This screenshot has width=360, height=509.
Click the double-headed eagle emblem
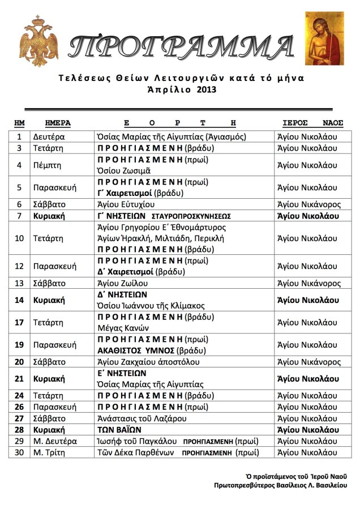coord(38,40)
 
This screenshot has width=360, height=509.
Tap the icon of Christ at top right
coord(324,38)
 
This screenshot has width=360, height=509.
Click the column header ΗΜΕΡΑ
coord(57,123)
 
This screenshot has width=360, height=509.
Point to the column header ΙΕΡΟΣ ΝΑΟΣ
coord(313,123)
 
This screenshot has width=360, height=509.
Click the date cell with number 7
coord(19,216)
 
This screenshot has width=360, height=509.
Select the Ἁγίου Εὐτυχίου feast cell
coord(127,204)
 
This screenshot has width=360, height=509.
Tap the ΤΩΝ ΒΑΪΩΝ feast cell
coord(119,430)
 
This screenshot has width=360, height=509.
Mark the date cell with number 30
coord(19,452)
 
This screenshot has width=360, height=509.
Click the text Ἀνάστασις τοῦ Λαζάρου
coord(142,418)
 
